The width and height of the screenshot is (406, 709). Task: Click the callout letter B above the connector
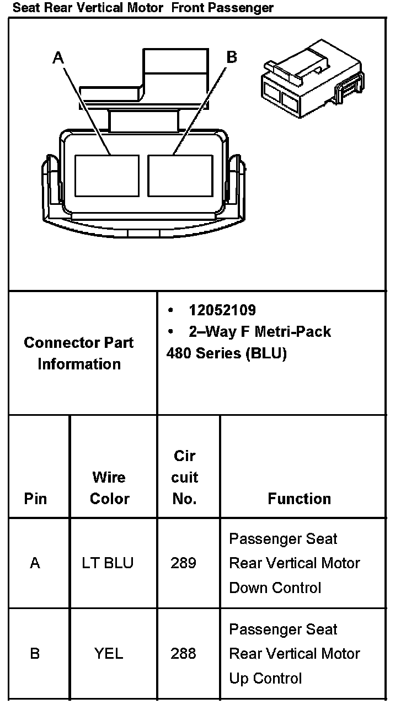click(232, 57)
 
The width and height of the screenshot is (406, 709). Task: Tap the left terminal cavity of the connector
click(106, 175)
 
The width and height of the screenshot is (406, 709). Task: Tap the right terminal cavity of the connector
click(180, 175)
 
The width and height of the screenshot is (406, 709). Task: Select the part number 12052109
click(222, 310)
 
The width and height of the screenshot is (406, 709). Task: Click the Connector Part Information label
click(79, 353)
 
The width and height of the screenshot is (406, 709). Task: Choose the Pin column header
click(35, 499)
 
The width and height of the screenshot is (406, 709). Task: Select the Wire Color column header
click(109, 488)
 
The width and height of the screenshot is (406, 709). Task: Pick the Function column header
click(299, 499)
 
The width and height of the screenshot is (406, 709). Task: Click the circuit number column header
click(185, 477)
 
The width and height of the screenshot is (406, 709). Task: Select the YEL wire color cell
click(109, 654)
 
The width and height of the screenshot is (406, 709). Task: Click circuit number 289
click(183, 563)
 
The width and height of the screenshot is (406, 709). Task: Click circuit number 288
click(183, 654)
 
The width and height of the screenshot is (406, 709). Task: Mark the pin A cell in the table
click(35, 563)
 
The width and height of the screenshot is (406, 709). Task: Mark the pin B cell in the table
click(35, 654)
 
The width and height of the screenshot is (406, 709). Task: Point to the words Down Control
click(275, 588)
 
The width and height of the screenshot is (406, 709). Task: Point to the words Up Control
click(265, 678)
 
